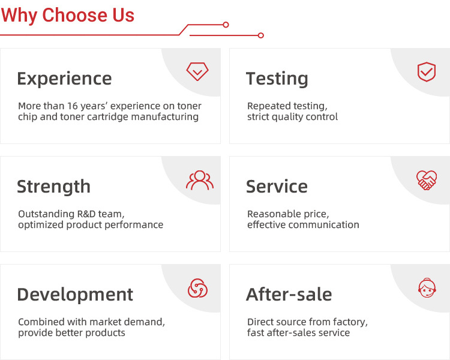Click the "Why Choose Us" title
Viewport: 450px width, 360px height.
(68, 15)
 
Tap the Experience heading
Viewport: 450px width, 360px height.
(64, 79)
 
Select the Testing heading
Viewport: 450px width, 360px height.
(277, 79)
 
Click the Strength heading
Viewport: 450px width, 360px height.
(53, 187)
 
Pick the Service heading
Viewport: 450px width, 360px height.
(277, 187)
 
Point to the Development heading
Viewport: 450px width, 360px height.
(75, 295)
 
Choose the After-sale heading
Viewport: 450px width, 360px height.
(289, 295)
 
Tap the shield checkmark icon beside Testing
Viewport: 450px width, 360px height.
(427, 72)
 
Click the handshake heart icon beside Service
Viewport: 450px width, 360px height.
(427, 180)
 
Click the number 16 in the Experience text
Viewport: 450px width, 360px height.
(73, 106)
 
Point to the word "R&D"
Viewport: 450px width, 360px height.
(86, 214)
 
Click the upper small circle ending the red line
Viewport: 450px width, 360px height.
(226, 25)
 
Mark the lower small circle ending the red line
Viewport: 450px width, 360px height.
(261, 35)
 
